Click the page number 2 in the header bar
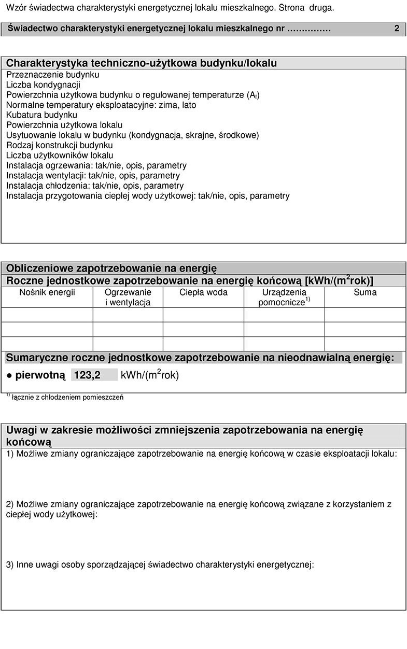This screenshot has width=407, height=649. [397, 29]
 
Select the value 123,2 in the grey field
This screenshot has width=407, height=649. [88, 375]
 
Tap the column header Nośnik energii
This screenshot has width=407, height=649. [47, 292]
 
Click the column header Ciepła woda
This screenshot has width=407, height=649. [203, 292]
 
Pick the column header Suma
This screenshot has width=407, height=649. [365, 292]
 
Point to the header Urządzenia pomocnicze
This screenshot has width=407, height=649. [284, 297]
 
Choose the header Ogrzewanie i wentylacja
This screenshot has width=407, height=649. [128, 297]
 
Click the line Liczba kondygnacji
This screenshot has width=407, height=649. [43, 84]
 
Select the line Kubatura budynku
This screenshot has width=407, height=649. [41, 115]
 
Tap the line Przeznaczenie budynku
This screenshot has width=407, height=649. [52, 75]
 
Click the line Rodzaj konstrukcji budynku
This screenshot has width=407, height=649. [59, 145]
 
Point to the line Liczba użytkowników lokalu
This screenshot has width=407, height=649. [60, 155]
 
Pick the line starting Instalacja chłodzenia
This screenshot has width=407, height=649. [94, 186]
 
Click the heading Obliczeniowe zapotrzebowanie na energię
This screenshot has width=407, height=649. [111, 268]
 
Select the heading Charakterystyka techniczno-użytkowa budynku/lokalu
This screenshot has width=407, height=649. [141, 63]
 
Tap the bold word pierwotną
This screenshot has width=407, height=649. [40, 375]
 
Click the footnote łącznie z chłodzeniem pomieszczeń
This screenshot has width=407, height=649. [67, 398]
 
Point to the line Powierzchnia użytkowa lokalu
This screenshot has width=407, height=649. [64, 125]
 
